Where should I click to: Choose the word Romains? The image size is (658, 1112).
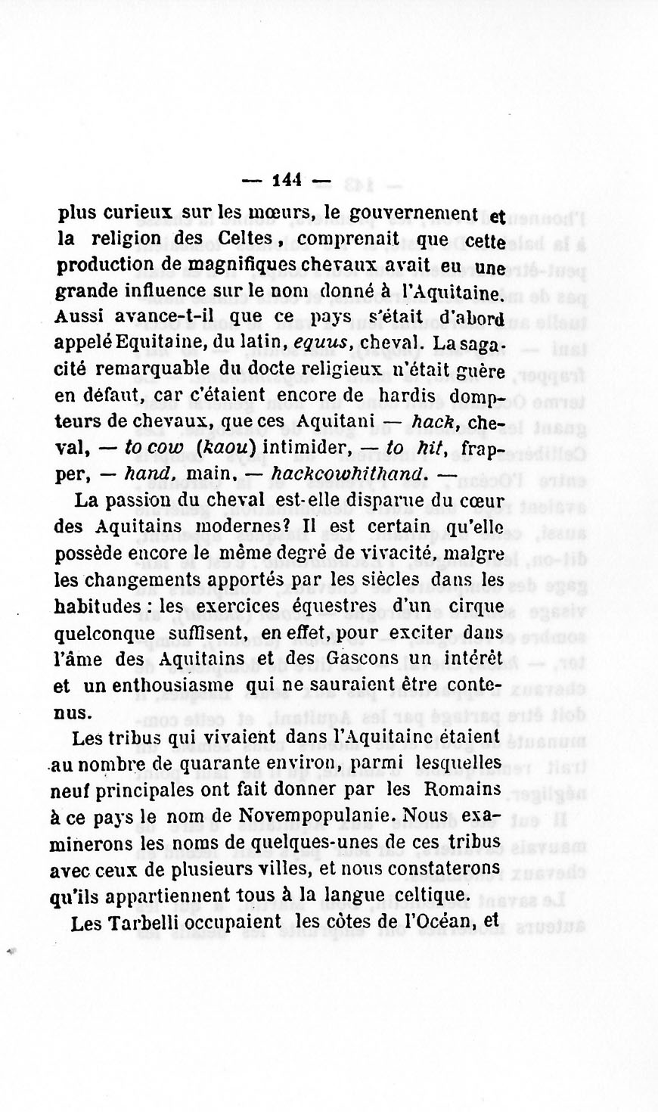click(x=463, y=789)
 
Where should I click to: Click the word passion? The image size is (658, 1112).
click(x=141, y=500)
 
